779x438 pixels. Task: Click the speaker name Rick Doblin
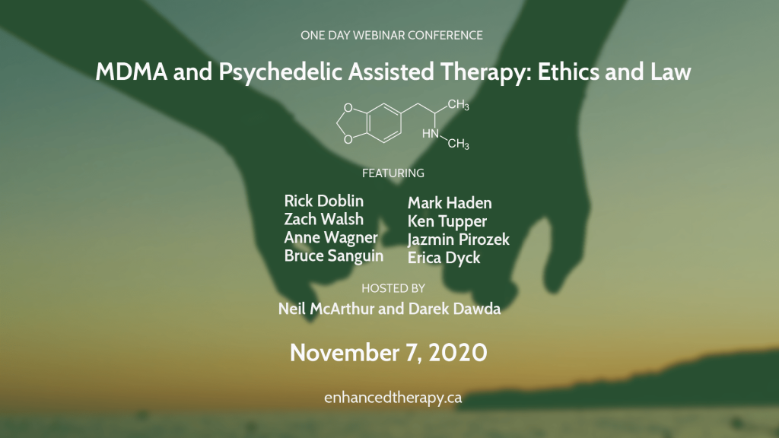click(323, 201)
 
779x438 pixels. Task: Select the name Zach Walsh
click(323, 219)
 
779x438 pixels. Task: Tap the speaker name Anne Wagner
click(331, 238)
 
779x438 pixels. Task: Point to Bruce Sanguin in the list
click(334, 256)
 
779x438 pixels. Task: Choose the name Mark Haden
click(450, 203)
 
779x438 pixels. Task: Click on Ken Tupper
click(447, 221)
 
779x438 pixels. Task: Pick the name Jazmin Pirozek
click(459, 240)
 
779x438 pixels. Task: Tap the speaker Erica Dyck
click(444, 259)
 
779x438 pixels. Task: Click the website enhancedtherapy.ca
click(393, 398)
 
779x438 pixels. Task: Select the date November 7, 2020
click(389, 353)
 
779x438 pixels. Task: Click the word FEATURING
click(393, 173)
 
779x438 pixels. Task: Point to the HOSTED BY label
click(393, 288)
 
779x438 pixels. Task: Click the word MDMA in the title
click(132, 71)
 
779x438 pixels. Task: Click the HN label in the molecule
click(431, 134)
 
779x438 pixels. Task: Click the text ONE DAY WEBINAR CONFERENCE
click(392, 35)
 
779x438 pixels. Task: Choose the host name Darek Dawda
click(455, 309)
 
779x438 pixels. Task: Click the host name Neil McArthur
click(326, 309)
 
